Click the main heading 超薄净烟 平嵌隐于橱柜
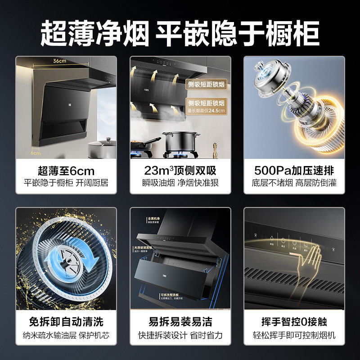180,32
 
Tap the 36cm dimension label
60,61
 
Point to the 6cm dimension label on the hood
35,153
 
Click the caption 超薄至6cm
66,171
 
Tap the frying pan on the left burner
144,145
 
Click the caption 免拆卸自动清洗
66,322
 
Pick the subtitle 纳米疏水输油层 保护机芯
66,336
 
